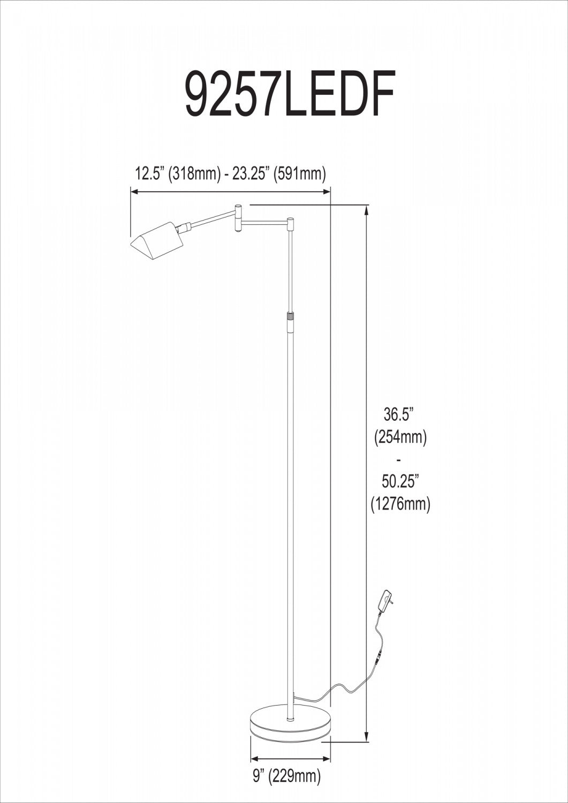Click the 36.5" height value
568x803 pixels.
coord(399,414)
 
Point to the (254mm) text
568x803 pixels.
coord(400,437)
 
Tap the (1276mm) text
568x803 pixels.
coord(400,504)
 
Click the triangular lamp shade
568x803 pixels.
coord(156,241)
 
